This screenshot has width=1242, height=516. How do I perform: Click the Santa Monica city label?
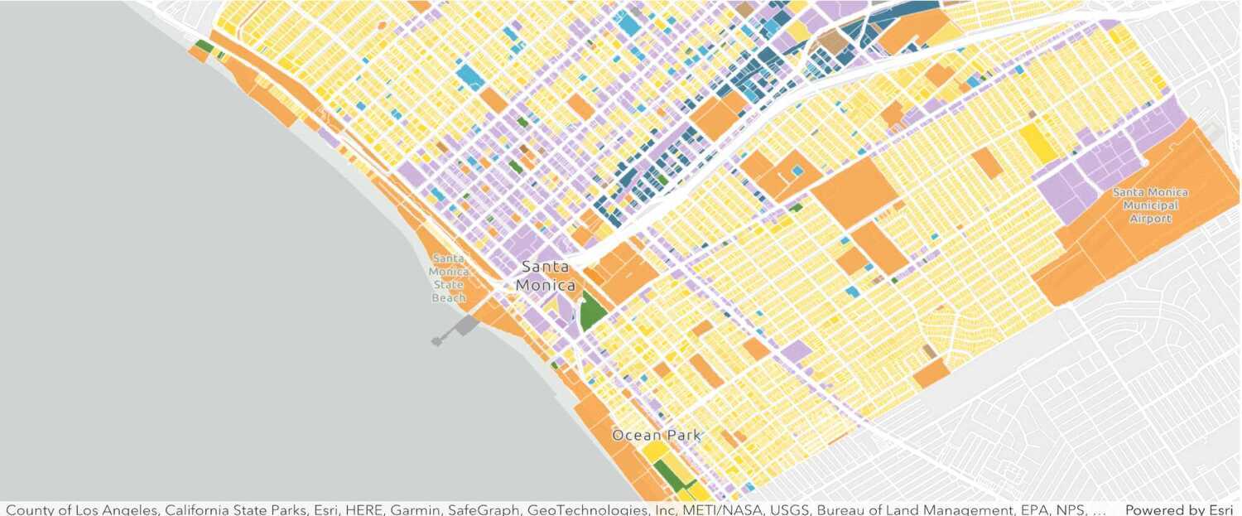tap(546, 276)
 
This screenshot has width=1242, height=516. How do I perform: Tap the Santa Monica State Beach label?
tap(448, 277)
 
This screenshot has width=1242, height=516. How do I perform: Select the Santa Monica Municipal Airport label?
tap(1151, 205)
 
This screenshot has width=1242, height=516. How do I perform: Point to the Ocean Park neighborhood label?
tap(656, 435)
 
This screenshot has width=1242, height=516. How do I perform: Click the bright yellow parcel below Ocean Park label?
tap(657, 451)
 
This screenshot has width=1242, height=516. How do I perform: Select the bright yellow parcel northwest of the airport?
tap(1037, 142)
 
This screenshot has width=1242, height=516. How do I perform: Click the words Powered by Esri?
tap(1178, 509)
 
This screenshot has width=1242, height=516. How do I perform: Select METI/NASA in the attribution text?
tap(715, 509)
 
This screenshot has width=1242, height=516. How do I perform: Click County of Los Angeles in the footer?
tap(81, 509)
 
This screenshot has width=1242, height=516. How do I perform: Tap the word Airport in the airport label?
tap(1151, 219)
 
